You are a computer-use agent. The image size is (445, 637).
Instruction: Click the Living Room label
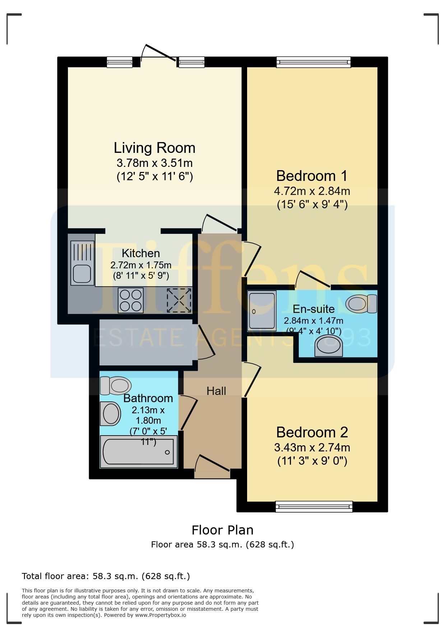(x=154, y=148)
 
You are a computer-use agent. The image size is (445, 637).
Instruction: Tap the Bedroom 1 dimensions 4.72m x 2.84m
(x=312, y=191)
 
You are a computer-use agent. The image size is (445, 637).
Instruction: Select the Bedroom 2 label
(x=312, y=432)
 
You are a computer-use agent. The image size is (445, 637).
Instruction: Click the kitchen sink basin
(x=82, y=274)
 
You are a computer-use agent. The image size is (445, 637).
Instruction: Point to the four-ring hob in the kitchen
(x=131, y=300)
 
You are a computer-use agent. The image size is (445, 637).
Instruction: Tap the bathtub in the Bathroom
(x=139, y=452)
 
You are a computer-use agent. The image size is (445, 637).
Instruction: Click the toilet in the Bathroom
(x=115, y=386)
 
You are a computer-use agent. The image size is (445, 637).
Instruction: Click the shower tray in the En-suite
(x=262, y=311)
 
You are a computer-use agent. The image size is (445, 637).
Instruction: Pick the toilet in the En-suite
(x=361, y=304)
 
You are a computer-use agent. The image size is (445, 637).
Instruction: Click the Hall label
(x=216, y=391)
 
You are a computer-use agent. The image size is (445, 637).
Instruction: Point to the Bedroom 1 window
(x=314, y=62)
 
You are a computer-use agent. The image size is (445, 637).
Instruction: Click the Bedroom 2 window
(x=314, y=506)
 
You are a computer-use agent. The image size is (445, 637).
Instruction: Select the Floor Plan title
(x=223, y=530)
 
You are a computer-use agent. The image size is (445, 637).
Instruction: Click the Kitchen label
(x=141, y=253)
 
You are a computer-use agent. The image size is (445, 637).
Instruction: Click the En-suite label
(x=314, y=309)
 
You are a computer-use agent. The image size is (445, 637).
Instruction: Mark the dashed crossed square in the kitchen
(x=179, y=300)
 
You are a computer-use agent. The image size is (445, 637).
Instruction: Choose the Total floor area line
(x=106, y=576)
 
